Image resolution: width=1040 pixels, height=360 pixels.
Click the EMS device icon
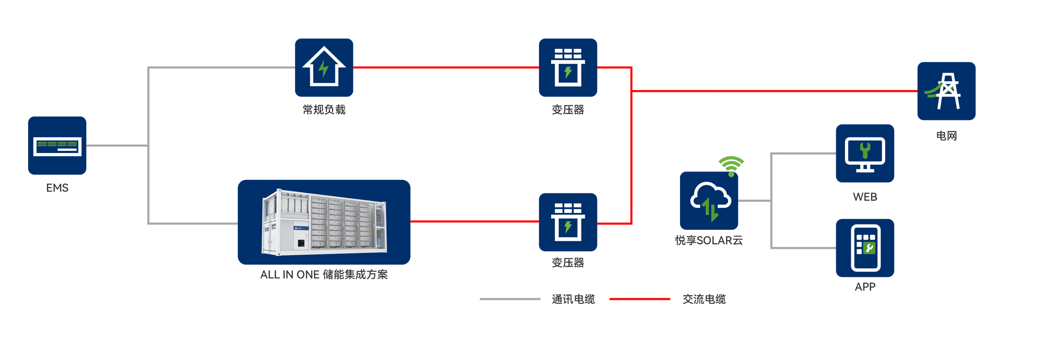click(57, 146)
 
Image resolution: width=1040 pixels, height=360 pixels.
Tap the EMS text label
click(57, 188)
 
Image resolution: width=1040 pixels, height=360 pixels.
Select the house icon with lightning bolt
click(324, 67)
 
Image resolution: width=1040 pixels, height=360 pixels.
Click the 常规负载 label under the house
click(324, 110)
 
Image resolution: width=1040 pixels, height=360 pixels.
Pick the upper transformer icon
click(568, 67)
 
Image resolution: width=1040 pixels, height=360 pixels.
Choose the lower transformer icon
click(568, 222)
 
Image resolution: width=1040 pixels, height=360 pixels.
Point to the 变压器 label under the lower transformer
click(568, 263)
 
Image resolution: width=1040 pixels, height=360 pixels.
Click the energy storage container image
click(324, 222)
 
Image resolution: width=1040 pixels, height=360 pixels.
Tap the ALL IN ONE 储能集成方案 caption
click(324, 274)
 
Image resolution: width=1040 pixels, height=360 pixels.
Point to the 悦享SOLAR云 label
click(709, 241)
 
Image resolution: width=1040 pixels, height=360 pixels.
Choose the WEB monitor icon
click(865, 154)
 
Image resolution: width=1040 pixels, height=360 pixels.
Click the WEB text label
click(865, 197)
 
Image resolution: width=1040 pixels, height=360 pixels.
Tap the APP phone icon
click(865, 248)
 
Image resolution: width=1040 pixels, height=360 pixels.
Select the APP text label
click(865, 286)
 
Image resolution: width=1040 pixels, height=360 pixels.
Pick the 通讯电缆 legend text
click(573, 299)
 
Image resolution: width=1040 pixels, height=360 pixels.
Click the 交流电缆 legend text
click(704, 299)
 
